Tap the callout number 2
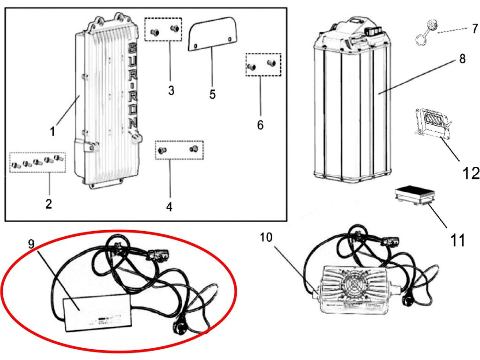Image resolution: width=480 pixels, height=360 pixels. pyautogui.click(x=49, y=204)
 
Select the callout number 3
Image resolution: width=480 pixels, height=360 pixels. pyautogui.click(x=171, y=90)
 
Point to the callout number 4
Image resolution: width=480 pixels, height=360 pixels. pyautogui.click(x=169, y=206)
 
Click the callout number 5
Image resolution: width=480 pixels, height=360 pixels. pyautogui.click(x=212, y=94)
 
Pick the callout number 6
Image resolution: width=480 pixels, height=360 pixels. pyautogui.click(x=260, y=125)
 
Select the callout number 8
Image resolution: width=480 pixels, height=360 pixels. pyautogui.click(x=462, y=60)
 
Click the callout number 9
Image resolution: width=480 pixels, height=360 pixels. pyautogui.click(x=31, y=243)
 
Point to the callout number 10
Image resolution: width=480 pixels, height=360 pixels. pyautogui.click(x=266, y=238)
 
